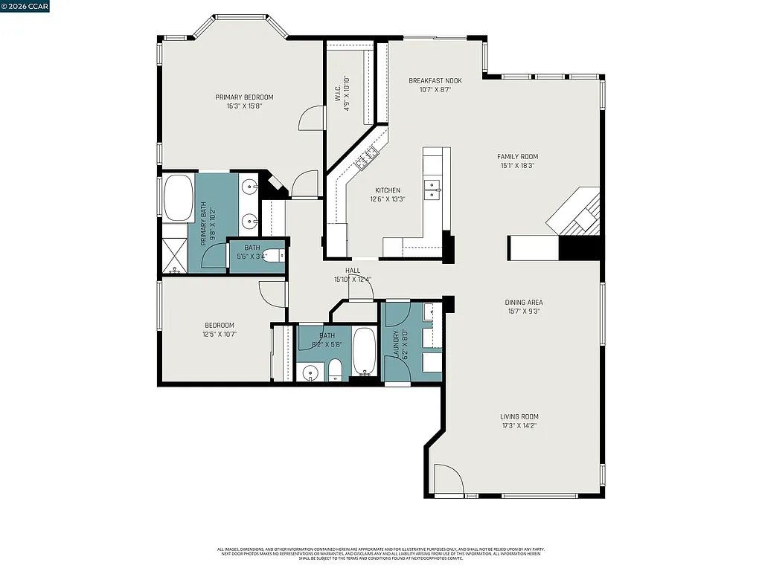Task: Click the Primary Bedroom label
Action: pos(244,97)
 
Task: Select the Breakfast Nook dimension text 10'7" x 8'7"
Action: pos(435,90)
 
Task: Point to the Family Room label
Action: pos(517,156)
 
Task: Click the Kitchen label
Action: pos(387,190)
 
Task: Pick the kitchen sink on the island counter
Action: pos(432,190)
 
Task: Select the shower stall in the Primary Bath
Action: pos(176,255)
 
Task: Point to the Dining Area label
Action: pos(524,303)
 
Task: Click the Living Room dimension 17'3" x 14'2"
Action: pos(519,426)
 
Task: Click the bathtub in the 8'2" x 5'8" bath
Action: pos(364,352)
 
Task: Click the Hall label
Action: pos(353,271)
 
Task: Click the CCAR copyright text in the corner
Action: pos(25,7)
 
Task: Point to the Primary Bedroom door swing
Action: pos(313,117)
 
